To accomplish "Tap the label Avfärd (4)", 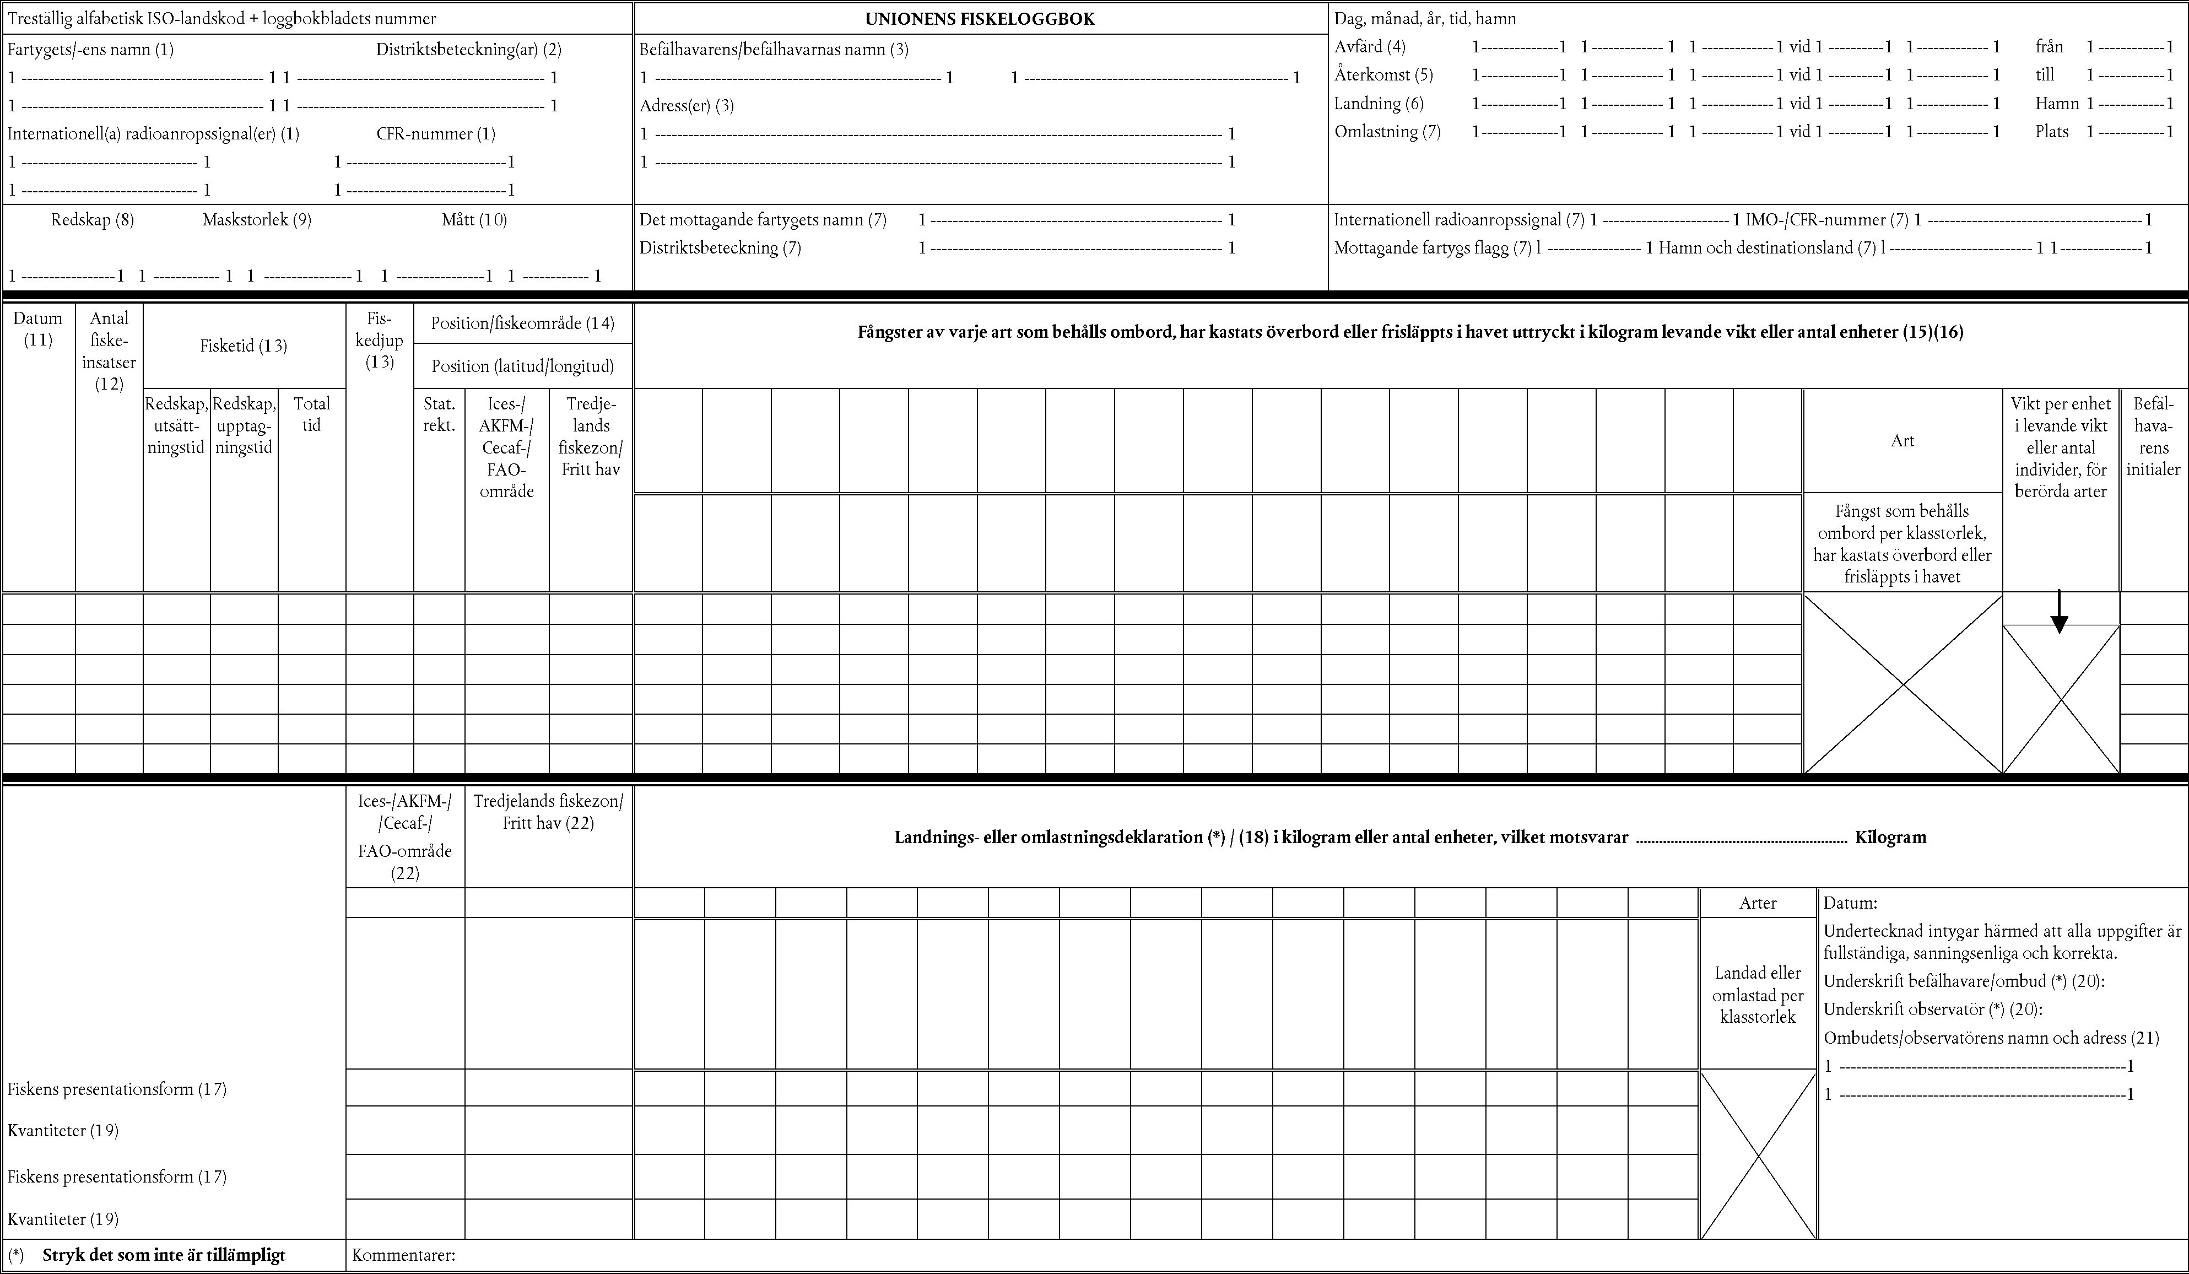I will pyautogui.click(x=1370, y=47).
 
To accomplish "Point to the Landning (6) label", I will pyautogui.click(x=1379, y=104).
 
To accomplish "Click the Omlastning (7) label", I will pyautogui.click(x=1387, y=132).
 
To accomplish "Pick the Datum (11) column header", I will pyautogui.click(x=38, y=328).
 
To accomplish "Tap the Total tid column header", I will pyautogui.click(x=312, y=414).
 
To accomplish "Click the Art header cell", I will pyautogui.click(x=1902, y=441).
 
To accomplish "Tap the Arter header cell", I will pyautogui.click(x=1757, y=903).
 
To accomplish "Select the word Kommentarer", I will pyautogui.click(x=403, y=1255).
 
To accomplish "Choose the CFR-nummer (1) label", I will pyautogui.click(x=435, y=134).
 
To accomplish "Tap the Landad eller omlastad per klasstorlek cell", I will pyautogui.click(x=1757, y=994).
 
